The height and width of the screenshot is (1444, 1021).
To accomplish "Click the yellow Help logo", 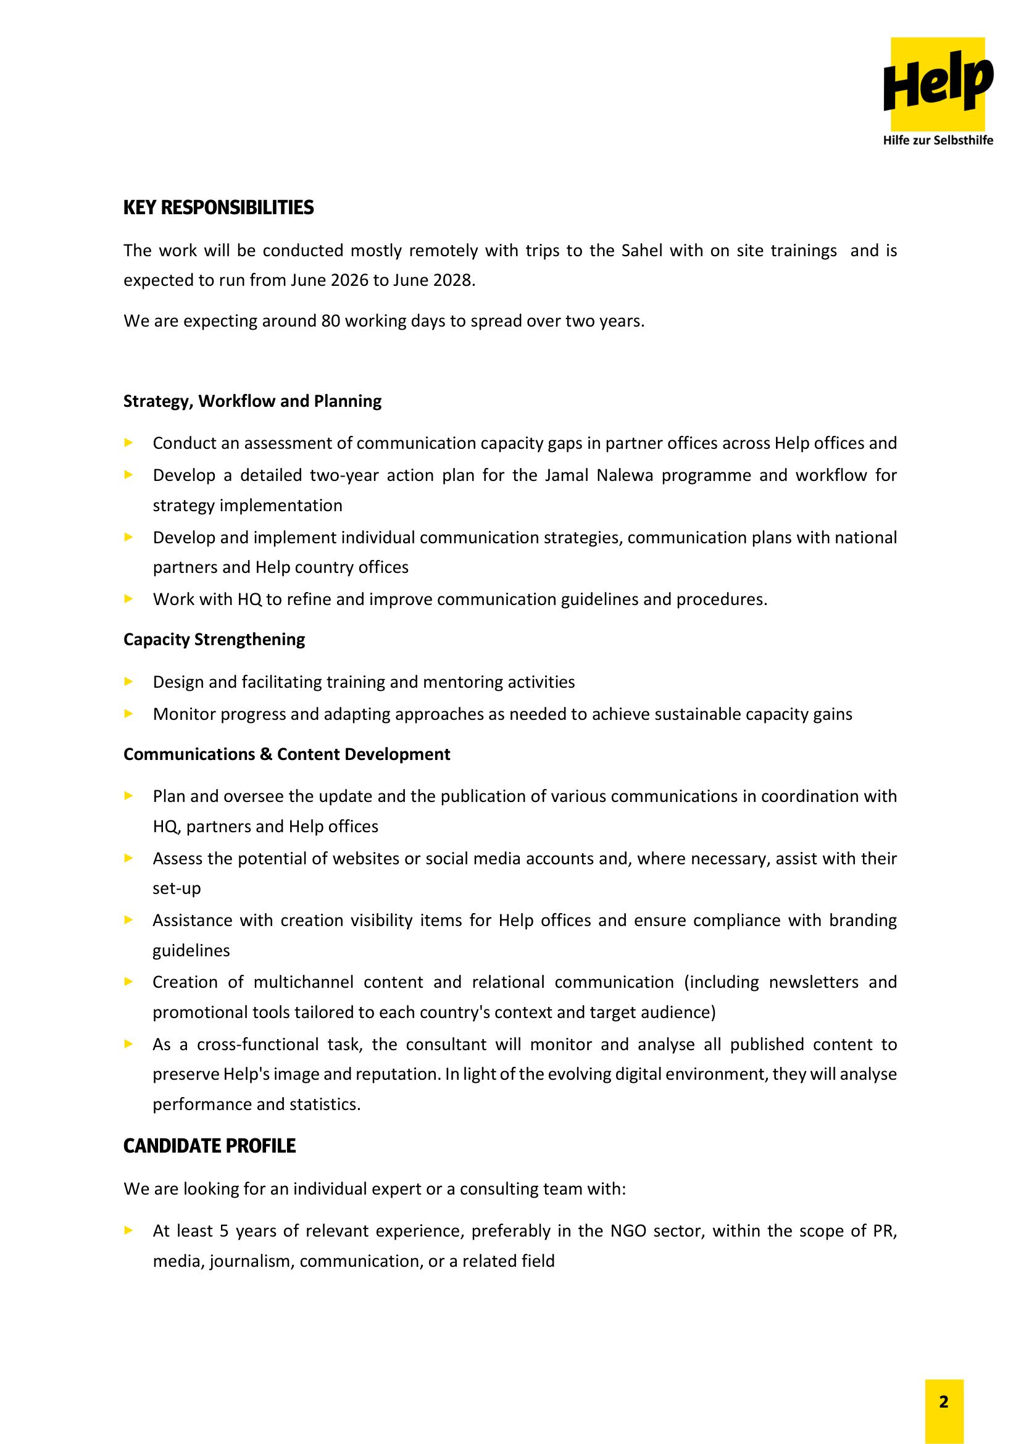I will tap(938, 83).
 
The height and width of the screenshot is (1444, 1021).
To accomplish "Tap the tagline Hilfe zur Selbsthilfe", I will tap(938, 140).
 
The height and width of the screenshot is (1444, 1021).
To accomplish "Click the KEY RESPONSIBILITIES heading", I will tap(218, 207).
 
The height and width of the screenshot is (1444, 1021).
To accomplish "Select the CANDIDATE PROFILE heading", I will tap(209, 1146).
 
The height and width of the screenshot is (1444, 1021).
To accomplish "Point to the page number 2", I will tap(944, 1402).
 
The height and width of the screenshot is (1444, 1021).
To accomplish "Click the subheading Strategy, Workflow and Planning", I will tap(252, 401).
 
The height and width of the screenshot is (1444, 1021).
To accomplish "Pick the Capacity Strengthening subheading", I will tap(214, 640).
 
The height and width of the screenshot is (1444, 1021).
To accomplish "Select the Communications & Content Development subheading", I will tap(286, 754).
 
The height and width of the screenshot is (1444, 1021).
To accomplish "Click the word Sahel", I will tap(642, 250).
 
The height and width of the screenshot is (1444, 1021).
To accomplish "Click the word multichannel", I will tap(304, 982).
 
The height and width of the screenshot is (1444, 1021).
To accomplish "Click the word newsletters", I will tap(814, 982).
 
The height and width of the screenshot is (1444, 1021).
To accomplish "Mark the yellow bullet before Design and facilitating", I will tap(129, 682).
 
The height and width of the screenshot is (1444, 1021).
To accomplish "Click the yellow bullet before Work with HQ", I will tap(129, 599).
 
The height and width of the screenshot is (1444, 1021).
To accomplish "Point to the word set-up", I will tap(177, 888).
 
